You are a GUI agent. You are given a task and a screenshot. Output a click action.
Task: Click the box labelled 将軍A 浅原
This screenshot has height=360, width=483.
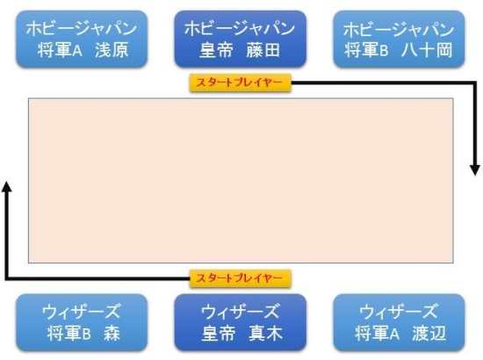coord(82,40)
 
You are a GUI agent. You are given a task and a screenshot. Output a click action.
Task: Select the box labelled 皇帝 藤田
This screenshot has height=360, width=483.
coord(241,40)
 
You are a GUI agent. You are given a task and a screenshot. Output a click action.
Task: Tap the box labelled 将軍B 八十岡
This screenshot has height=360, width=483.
coord(399,40)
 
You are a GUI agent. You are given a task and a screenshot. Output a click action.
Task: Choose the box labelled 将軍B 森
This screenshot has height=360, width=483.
coord(82,322)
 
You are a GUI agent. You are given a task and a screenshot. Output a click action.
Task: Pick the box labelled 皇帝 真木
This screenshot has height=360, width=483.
coord(241,322)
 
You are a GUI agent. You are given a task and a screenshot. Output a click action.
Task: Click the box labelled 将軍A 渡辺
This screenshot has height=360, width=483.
coord(399,322)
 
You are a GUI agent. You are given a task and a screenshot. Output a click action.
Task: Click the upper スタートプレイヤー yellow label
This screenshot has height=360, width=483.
coord(241,83)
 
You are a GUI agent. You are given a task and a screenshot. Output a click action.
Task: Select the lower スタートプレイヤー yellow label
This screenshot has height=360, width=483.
coord(241,278)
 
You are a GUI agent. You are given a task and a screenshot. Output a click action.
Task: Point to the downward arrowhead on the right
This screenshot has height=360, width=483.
coord(475,170)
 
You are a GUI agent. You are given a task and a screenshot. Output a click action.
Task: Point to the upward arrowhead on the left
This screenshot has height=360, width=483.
coord(6,187)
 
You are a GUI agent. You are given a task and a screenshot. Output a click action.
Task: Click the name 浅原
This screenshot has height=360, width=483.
coord(112,50)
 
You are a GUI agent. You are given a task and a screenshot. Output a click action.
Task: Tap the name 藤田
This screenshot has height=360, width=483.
coord(263,50)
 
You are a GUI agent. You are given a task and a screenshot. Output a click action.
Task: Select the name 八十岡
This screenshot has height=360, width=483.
coord(427,50)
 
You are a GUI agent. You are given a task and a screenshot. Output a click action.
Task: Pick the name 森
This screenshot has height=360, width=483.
coord(112,334)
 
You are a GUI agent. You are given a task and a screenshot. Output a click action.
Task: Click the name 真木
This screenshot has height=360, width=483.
coord(265,334)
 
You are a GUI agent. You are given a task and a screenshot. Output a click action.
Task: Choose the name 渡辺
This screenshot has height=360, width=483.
coord(429,334)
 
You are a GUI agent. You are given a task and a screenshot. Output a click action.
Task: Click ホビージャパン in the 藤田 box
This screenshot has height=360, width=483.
coord(241,28)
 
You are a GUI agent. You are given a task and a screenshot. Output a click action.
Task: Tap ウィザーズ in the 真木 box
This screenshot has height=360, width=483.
coord(241,312)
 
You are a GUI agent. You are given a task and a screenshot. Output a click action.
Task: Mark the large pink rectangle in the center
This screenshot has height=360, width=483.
coord(241,181)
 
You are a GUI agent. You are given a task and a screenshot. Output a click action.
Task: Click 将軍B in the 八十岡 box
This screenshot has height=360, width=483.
coord(366,50)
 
